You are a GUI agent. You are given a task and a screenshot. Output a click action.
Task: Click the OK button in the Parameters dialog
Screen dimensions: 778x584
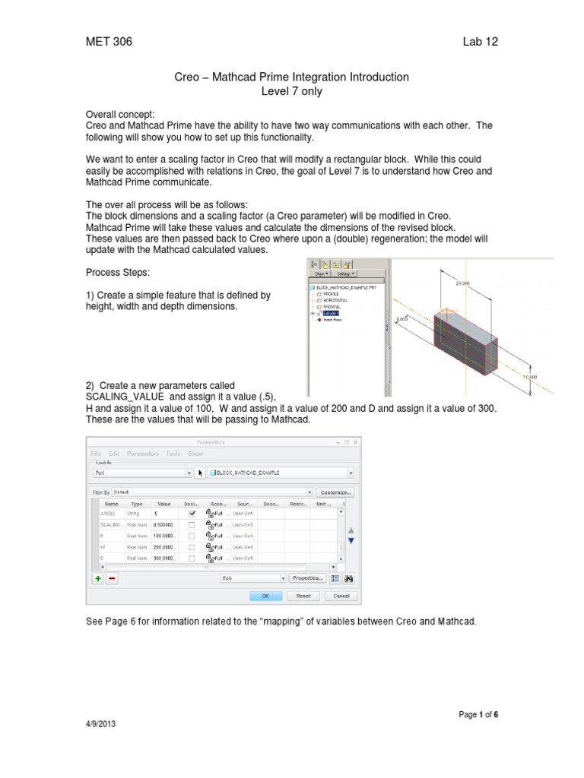point(266,596)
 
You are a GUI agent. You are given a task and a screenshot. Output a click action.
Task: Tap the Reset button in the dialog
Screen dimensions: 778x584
point(303,596)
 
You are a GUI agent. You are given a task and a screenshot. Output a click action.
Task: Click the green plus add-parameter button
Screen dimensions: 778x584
point(97,578)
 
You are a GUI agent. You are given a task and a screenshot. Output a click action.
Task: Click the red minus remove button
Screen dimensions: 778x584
point(112,578)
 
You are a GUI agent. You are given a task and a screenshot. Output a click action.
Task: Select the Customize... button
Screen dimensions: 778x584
point(337,492)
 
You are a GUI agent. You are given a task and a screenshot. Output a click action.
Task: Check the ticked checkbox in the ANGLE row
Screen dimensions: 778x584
point(192,514)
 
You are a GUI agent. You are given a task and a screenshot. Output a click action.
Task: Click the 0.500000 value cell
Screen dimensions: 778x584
point(164,524)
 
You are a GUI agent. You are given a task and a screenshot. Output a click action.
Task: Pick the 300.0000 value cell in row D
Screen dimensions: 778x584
point(164,557)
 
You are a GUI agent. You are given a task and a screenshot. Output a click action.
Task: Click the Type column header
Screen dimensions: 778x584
point(137,503)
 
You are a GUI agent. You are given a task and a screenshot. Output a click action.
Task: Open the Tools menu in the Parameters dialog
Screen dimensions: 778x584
point(173,453)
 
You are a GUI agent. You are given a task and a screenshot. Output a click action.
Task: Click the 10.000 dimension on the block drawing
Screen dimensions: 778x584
point(529,376)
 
